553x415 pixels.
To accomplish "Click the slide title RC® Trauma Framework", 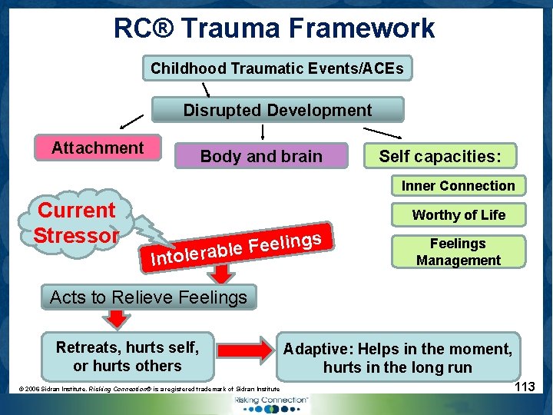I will point(274,28).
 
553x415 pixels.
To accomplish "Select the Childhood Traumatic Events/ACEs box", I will point(276,68).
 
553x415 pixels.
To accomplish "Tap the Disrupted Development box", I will point(277,110).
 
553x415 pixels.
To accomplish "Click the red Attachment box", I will point(98,148).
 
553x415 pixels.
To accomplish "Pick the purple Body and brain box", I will point(261,156).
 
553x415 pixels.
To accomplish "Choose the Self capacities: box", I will point(439,156).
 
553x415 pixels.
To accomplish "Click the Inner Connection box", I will point(458,186).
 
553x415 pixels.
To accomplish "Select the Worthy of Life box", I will point(458,215).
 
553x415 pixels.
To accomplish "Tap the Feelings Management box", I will point(458,251).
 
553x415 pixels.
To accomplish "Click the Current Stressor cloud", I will point(77,222).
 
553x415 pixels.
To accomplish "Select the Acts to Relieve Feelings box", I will point(148,297).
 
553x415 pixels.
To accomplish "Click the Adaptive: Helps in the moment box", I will point(397,358).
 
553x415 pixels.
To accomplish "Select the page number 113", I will point(525,387).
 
